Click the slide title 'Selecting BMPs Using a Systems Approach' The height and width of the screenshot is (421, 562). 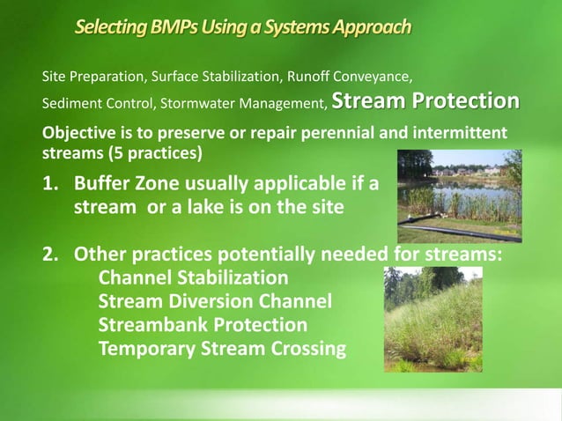click(242, 28)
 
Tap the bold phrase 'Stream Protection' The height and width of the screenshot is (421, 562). click(425, 102)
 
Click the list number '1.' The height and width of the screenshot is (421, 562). click(52, 186)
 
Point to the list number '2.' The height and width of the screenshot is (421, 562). click(52, 255)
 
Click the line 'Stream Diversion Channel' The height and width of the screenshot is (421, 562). click(215, 301)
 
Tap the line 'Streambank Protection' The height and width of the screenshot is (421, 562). click(203, 325)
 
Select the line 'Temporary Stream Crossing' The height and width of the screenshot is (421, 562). click(222, 349)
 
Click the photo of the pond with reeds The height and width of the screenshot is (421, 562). click(458, 196)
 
